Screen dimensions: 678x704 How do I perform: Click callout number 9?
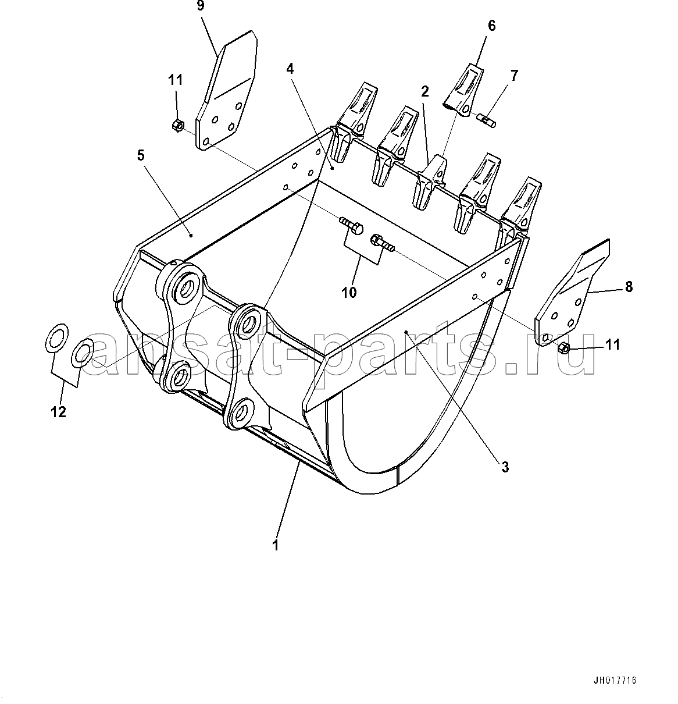tap(201, 6)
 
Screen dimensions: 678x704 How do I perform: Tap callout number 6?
tap(491, 26)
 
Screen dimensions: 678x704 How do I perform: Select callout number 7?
tap(514, 76)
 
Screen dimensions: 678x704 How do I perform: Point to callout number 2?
tap(425, 91)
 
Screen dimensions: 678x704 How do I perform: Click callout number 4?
tap(290, 69)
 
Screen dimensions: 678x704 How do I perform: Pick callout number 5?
tap(141, 155)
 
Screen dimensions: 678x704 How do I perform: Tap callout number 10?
tap(349, 292)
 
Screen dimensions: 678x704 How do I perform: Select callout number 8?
tap(629, 286)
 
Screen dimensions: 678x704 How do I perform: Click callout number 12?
tap(59, 412)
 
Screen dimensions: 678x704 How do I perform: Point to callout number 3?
tap(505, 467)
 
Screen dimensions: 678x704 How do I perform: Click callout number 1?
tap(276, 545)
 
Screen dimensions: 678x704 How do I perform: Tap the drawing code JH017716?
tap(615, 681)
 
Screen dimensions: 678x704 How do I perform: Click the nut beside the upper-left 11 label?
tap(177, 126)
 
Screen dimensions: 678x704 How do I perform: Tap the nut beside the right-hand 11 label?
tap(563, 348)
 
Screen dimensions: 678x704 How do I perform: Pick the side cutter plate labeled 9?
tap(226, 90)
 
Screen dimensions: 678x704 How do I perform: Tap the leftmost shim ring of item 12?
tap(56, 338)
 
